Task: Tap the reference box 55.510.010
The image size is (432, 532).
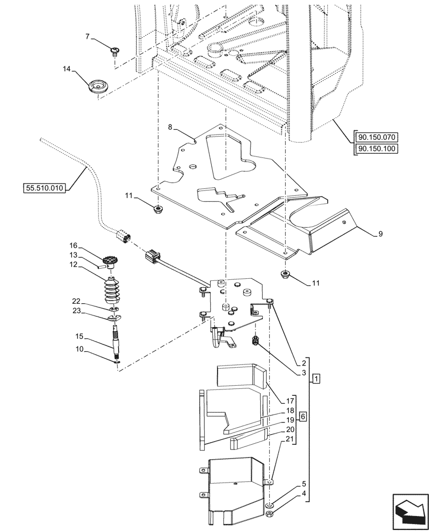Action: pyautogui.click(x=44, y=187)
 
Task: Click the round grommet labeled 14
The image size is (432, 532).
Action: pyautogui.click(x=97, y=87)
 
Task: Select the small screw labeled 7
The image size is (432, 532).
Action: pyautogui.click(x=114, y=51)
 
